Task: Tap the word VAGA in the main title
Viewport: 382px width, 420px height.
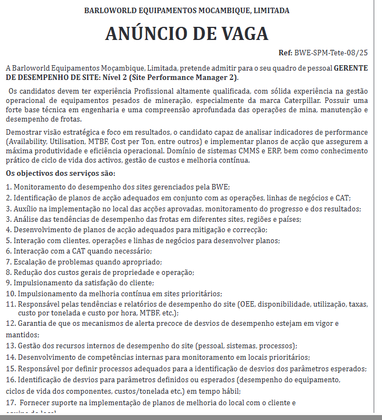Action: pyautogui.click(x=239, y=34)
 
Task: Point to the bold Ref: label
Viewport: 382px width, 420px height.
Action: pyautogui.click(x=285, y=53)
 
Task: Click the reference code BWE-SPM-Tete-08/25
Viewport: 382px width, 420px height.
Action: pyautogui.click(x=331, y=53)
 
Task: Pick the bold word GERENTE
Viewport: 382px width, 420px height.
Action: pyautogui.click(x=351, y=68)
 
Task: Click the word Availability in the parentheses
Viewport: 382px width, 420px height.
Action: pyautogui.click(x=26, y=141)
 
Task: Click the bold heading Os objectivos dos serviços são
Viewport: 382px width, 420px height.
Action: pyautogui.click(x=61, y=174)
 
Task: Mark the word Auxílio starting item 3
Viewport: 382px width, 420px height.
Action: pyautogui.click(x=26, y=209)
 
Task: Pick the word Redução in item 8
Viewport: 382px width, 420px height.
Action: pyautogui.click(x=28, y=272)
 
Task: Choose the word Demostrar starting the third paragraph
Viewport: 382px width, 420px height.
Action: pyautogui.click(x=22, y=133)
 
